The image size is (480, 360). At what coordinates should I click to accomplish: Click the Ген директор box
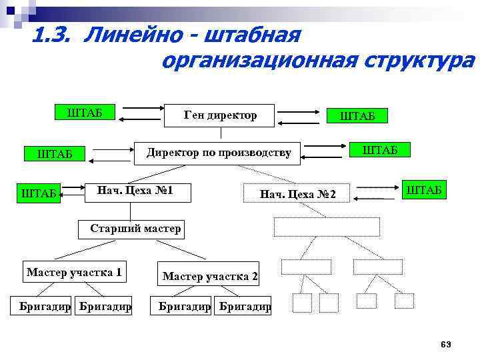[x=220, y=116]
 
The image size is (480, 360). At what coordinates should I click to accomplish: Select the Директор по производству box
[x=219, y=153]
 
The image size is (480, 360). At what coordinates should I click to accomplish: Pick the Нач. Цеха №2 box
[x=299, y=194]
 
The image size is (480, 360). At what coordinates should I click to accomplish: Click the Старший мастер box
[x=135, y=229]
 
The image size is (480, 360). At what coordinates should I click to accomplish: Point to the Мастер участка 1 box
[x=74, y=272]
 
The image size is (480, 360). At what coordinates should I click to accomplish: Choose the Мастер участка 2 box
[x=209, y=276]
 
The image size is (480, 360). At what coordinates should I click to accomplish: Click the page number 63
[x=446, y=344]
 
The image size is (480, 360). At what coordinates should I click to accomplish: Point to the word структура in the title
[x=419, y=61]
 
